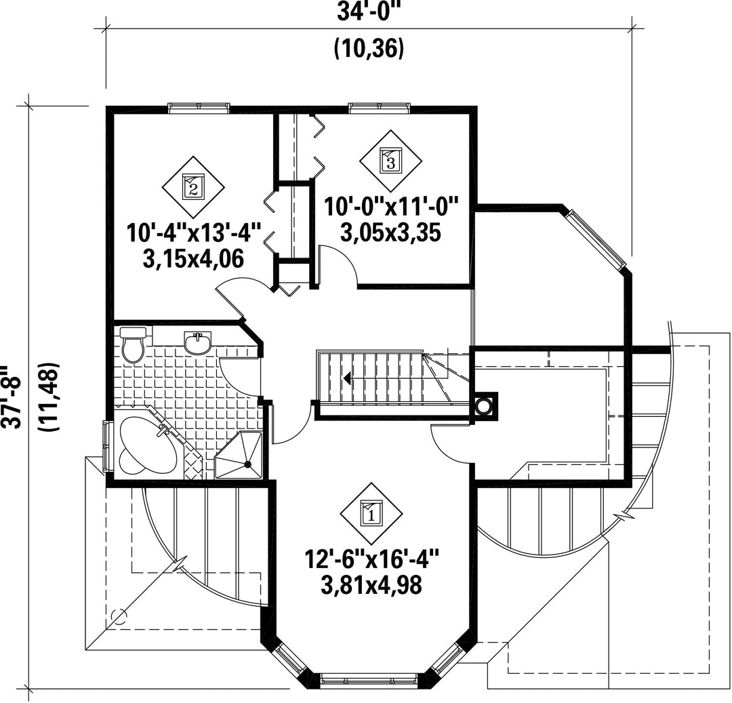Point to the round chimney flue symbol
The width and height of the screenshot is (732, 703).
pos(484,406)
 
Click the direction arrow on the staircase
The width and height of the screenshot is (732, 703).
pos(348,378)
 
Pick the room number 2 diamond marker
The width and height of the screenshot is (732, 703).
pos(193,186)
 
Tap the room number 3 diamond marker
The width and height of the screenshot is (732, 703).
pos(390,161)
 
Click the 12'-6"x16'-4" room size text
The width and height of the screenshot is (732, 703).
pos(371,561)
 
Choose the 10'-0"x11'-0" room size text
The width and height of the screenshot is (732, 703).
pos(391,206)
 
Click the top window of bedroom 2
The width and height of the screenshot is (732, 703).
pos(199,106)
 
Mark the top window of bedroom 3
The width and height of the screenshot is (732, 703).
pos(380,106)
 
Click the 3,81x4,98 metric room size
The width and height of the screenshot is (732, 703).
pos(371,584)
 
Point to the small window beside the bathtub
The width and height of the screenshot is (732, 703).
pos(106,444)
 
